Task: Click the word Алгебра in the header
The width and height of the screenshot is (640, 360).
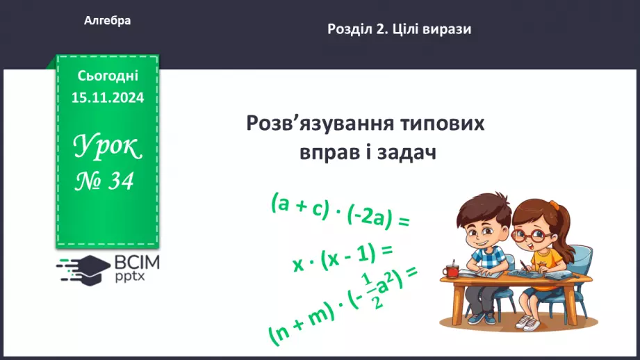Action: [107, 22]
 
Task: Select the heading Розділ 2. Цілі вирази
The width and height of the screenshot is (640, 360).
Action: [398, 29]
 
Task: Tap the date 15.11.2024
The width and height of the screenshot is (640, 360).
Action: [108, 98]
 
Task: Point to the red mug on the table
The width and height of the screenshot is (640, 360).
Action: [452, 269]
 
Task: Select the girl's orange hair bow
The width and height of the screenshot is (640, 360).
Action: [553, 206]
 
